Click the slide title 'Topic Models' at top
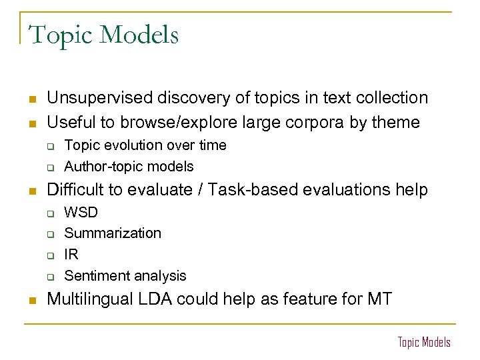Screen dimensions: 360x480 104,35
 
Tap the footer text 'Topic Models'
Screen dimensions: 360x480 424,342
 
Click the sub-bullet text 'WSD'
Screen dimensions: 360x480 81,212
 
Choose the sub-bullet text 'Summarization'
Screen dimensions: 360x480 113,233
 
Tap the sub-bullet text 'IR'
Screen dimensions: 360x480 71,254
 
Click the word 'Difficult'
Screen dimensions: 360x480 75,189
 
